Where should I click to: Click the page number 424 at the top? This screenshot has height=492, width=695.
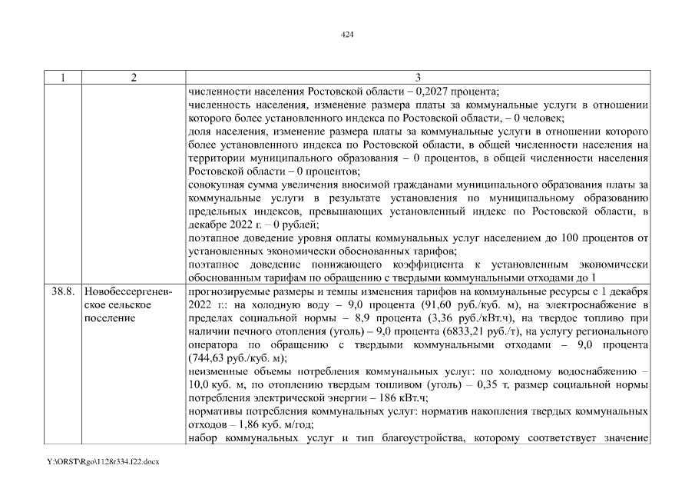coord(346,35)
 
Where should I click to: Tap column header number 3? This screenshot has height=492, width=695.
coord(418,78)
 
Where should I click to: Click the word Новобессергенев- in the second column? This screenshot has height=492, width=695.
coord(129,292)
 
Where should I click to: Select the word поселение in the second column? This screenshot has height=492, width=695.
coord(108,318)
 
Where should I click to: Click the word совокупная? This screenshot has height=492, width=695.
coord(216,185)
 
